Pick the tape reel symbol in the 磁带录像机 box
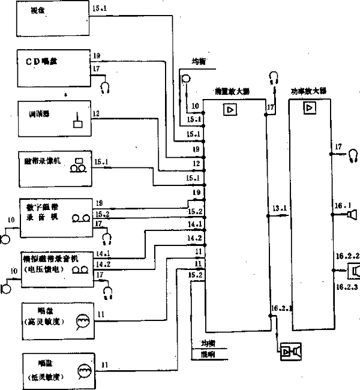pos(76,166)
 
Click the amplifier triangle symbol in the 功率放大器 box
pos(310,109)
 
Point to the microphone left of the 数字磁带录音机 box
pos(5,239)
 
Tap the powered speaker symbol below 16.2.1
pos(292,351)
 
